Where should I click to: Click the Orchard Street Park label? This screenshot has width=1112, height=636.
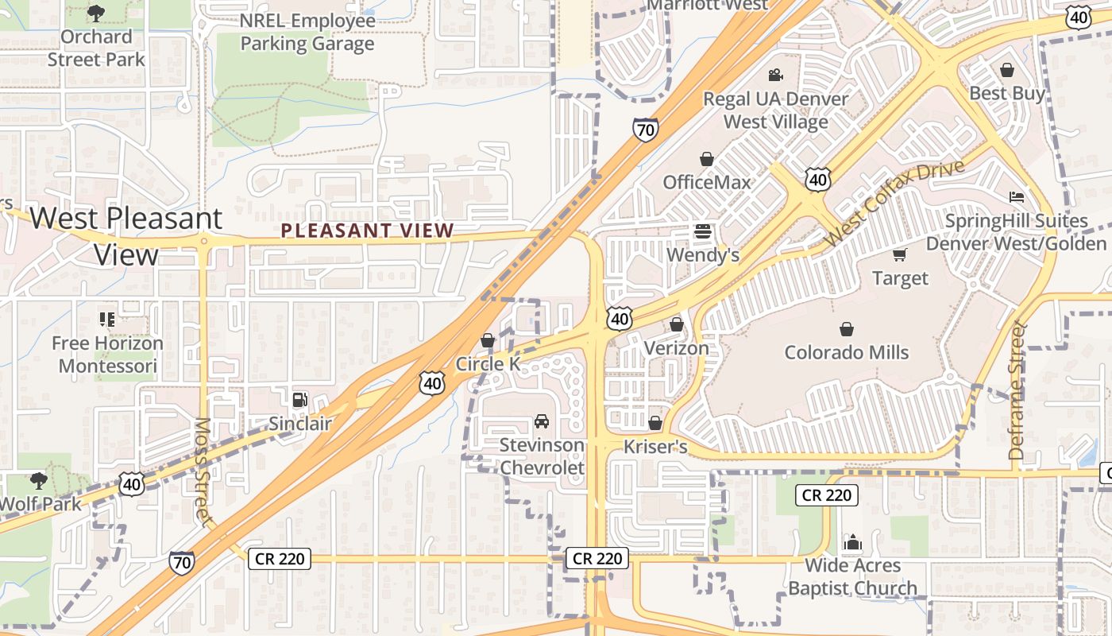pyautogui.click(x=96, y=48)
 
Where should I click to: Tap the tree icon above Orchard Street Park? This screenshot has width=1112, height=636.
pyautogui.click(x=96, y=13)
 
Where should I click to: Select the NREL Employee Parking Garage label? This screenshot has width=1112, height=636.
pyautogui.click(x=307, y=32)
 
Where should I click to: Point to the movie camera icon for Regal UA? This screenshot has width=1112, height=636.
pyautogui.click(x=775, y=76)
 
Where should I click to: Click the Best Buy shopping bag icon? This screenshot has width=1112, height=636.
pyautogui.click(x=1007, y=70)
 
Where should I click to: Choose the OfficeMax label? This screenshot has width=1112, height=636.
pyautogui.click(x=707, y=182)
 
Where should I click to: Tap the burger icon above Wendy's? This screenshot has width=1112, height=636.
pyautogui.click(x=703, y=232)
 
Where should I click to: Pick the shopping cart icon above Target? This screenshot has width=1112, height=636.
pyautogui.click(x=900, y=254)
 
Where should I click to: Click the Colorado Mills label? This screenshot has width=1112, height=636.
pyautogui.click(x=847, y=352)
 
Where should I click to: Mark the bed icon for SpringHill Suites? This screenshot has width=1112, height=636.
pyautogui.click(x=1017, y=197)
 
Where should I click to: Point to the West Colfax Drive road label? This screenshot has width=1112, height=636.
pyautogui.click(x=894, y=203)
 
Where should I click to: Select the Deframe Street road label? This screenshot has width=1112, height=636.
pyautogui.click(x=1017, y=390)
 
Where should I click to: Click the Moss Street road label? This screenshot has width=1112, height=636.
pyautogui.click(x=203, y=471)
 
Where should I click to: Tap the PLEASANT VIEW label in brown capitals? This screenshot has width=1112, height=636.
pyautogui.click(x=368, y=231)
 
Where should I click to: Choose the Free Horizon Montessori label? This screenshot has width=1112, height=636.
pyautogui.click(x=108, y=355)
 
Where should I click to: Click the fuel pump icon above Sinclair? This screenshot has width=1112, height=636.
pyautogui.click(x=299, y=399)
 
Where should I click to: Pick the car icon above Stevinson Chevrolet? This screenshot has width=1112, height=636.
pyautogui.click(x=542, y=421)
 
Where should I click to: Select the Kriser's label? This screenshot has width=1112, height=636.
pyautogui.click(x=655, y=447)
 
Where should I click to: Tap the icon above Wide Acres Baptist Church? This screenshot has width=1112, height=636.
pyautogui.click(x=852, y=542)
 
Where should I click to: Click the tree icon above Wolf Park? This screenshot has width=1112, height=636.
pyautogui.click(x=37, y=480)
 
